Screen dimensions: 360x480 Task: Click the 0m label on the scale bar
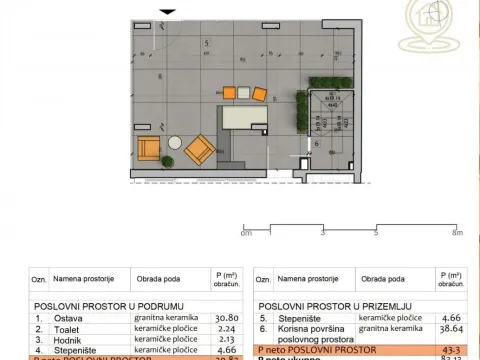coord(247,232)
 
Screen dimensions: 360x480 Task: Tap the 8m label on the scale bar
coord(457,232)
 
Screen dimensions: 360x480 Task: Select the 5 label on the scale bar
coord(376,232)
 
